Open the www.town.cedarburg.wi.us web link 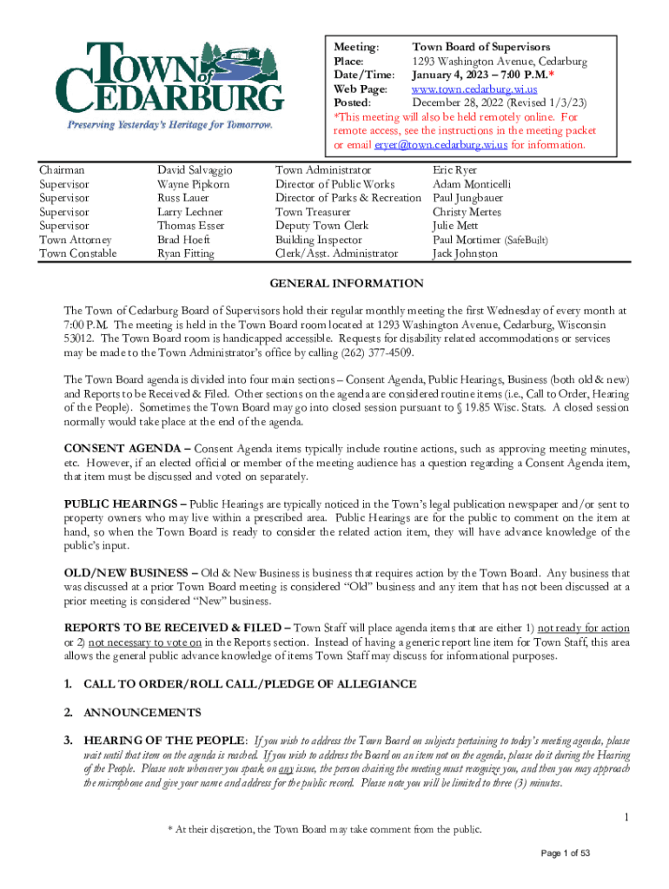click(474, 89)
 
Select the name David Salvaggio click(195, 170)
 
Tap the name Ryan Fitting click(186, 254)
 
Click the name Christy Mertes click(466, 212)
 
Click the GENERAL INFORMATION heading click(347, 284)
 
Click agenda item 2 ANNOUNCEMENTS click(142, 713)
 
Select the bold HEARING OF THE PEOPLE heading click(165, 741)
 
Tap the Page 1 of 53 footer click(566, 853)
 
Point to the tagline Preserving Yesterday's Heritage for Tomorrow click(170, 125)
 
